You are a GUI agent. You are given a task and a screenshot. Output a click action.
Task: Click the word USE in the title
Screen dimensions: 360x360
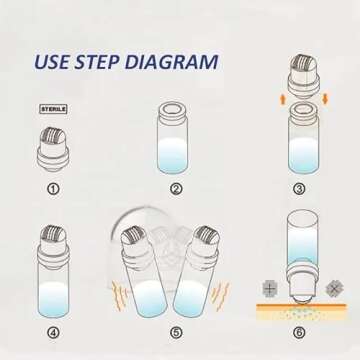pos(52,62)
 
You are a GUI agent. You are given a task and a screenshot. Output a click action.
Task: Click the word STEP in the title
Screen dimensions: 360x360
pos(98,62)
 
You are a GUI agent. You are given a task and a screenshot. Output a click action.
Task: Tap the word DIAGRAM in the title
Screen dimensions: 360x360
pos(172,62)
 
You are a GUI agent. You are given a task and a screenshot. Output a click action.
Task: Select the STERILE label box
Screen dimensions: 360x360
pos(54,109)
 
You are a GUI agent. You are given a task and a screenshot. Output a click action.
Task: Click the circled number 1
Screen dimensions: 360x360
pos(54,189)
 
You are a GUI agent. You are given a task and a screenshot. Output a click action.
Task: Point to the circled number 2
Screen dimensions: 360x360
pos(176,189)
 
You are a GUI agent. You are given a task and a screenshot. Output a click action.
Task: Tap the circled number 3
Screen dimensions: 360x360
pos(299,189)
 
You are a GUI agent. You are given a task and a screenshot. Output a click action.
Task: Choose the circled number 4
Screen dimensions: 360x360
pos(54,332)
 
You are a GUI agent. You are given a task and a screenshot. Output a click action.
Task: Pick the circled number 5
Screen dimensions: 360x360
pos(176,332)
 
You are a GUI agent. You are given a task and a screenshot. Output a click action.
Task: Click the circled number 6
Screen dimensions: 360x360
pos(299,332)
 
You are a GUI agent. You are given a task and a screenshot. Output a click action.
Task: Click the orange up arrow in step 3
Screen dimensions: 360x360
pos(283,100)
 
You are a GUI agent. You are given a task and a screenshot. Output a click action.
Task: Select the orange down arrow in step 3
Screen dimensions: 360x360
pos(325,100)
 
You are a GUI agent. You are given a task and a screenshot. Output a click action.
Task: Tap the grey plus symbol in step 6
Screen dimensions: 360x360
pos(270,288)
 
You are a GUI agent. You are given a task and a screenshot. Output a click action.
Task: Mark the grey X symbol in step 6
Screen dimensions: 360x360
pos(335,288)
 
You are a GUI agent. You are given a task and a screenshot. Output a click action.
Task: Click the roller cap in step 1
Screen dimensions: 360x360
pos(53,149)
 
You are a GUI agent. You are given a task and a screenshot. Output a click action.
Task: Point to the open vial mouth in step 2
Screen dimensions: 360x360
pos(172,108)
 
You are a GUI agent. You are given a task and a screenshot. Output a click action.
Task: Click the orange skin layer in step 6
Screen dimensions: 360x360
pos(301,306)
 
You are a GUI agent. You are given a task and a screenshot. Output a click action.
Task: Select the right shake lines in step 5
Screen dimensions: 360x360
pos(220,296)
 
